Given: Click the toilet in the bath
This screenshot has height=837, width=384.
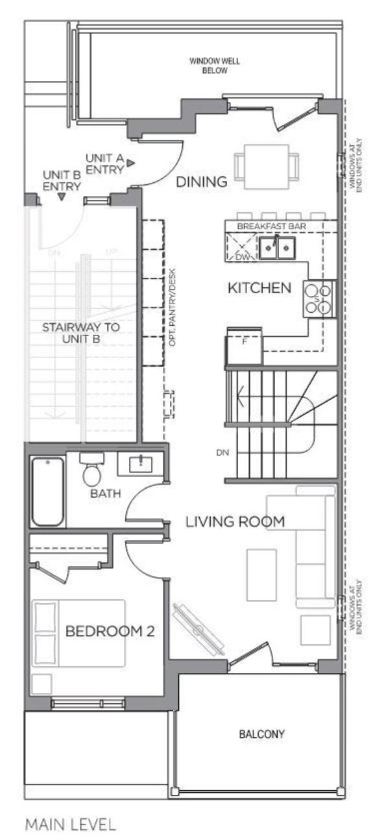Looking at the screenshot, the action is [92, 470].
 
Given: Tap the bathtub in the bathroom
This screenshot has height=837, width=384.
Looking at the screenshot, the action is [47, 492].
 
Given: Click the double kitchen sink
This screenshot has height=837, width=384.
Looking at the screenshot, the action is [277, 247].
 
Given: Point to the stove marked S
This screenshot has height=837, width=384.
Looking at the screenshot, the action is [318, 299].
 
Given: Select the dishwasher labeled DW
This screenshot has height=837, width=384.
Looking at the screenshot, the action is [241, 247].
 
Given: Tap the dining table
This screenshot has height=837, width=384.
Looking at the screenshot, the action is [267, 167].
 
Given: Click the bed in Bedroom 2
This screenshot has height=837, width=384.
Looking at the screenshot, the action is [78, 634].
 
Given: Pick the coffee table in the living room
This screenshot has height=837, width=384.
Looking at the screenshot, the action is [261, 575].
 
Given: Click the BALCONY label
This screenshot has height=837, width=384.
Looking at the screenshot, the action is [261, 734].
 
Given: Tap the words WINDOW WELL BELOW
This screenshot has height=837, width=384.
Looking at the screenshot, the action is [215, 66].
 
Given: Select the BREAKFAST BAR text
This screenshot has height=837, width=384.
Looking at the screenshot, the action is [272, 226].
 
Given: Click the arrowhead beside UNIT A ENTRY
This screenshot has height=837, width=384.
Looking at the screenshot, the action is [130, 163].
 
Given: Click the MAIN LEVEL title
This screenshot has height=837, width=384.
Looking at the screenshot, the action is [71, 821].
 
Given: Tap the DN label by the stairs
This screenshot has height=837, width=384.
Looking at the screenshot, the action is [222, 452].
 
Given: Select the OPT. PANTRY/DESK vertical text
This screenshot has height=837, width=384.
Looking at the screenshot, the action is [172, 307].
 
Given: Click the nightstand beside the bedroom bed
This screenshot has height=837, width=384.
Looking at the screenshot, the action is [42, 684].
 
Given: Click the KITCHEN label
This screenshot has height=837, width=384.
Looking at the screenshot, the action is [259, 287].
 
